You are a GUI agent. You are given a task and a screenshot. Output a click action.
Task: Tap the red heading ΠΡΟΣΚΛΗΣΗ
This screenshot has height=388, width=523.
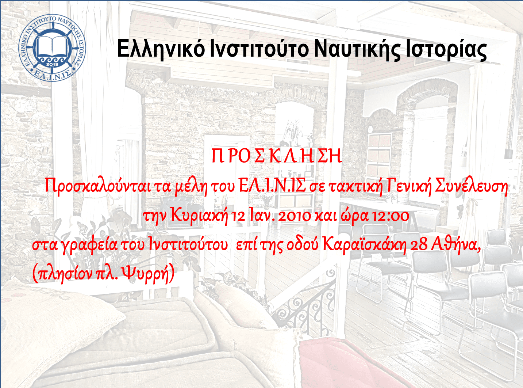tap(277, 156)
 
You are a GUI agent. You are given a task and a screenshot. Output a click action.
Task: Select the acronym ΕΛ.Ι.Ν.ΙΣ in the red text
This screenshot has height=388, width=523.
tap(272, 186)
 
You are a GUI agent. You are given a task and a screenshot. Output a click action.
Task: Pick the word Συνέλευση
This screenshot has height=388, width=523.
tap(472, 187)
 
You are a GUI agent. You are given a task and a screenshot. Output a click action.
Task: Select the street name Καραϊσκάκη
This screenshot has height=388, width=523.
tap(364, 246)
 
